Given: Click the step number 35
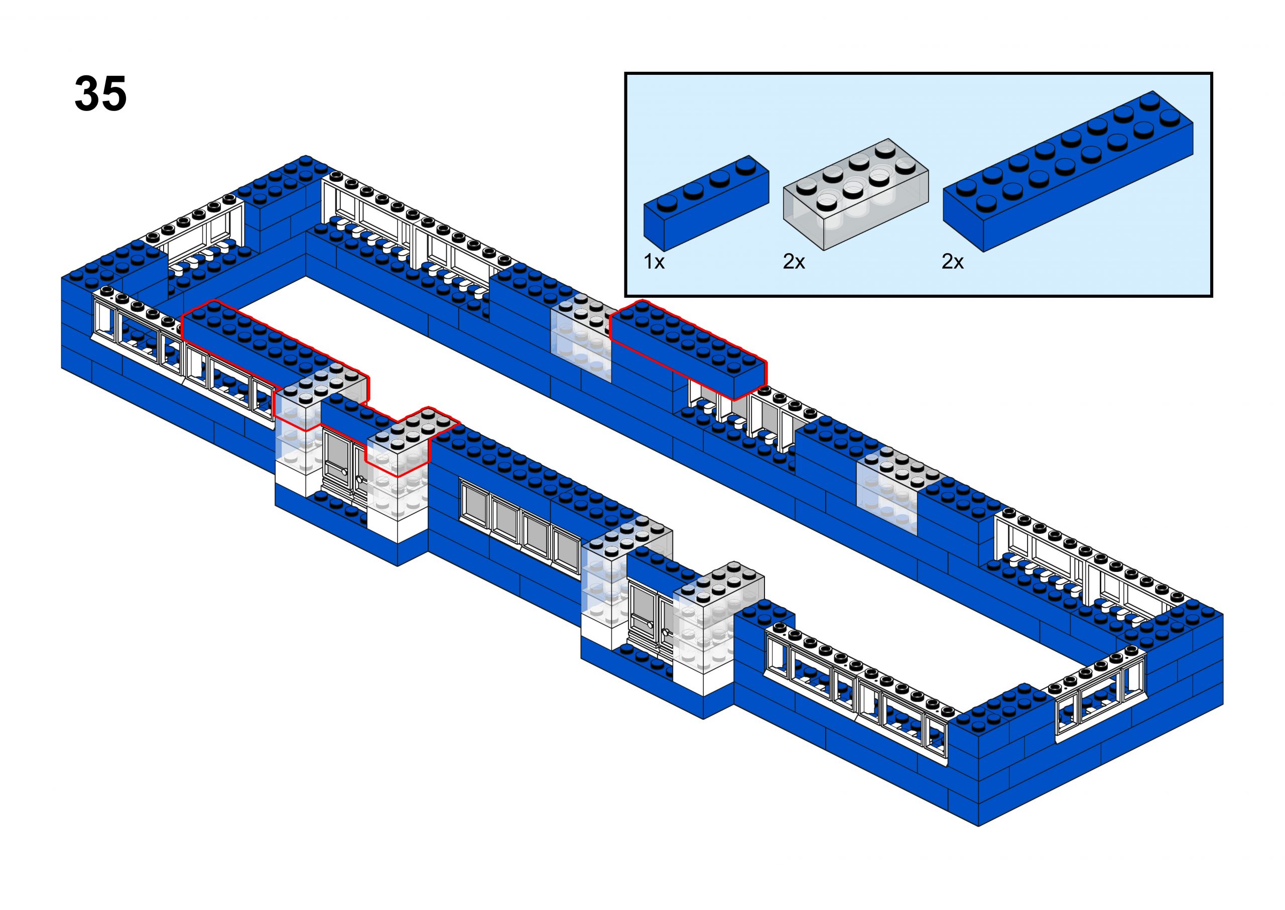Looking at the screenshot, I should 101,94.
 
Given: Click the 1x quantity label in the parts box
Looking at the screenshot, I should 654,262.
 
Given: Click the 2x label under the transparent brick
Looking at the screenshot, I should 794,262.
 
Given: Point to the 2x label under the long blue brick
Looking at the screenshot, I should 952,262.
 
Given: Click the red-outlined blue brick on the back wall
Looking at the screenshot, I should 688,348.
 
